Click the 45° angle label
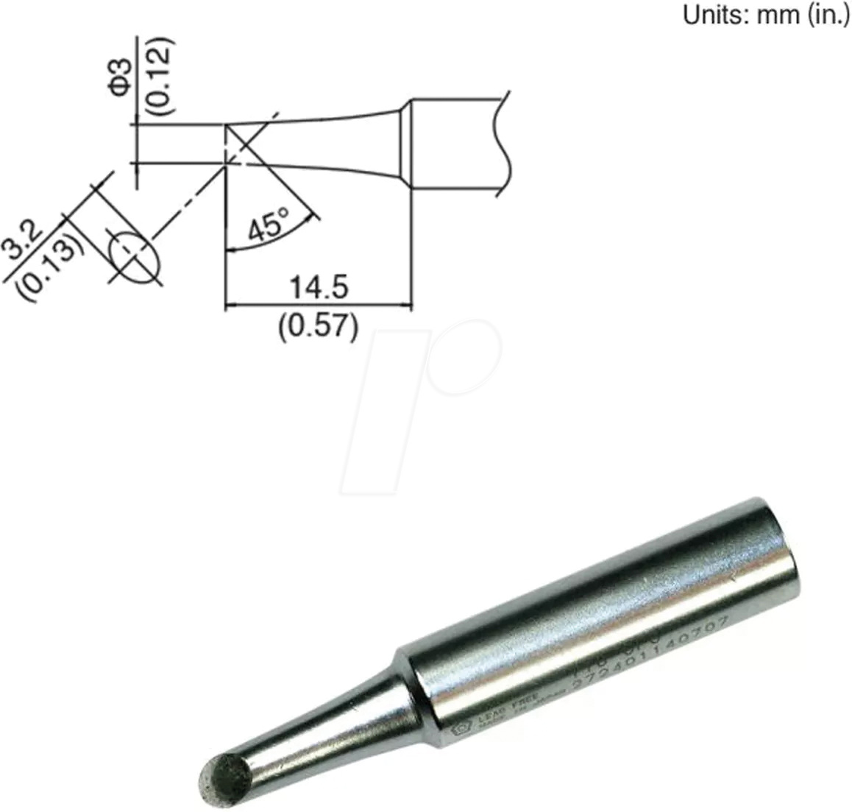tap(268, 225)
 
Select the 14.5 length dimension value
tap(317, 287)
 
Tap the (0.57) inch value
tap(318, 325)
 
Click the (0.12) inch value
tap(160, 76)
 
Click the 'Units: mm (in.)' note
tap(766, 15)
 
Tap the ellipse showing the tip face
tap(133, 255)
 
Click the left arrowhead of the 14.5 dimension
tap(229, 304)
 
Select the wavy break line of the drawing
tap(503, 144)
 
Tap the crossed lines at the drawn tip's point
tap(235, 144)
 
